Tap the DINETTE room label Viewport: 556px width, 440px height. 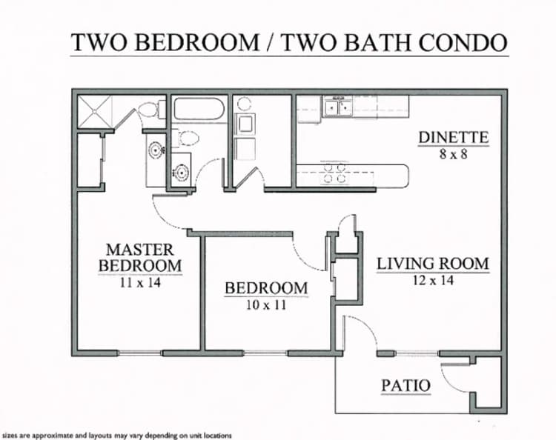pyautogui.click(x=453, y=137)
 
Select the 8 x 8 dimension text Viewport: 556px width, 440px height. pyautogui.click(x=453, y=154)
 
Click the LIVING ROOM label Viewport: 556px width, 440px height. pyautogui.click(x=433, y=263)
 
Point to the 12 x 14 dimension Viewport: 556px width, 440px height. pyautogui.click(x=433, y=280)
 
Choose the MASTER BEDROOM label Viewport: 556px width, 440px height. pyautogui.click(x=139, y=257)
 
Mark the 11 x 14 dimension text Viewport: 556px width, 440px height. pyautogui.click(x=139, y=281)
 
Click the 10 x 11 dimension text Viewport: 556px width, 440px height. pyautogui.click(x=266, y=304)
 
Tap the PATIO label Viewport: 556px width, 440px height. pyautogui.click(x=406, y=385)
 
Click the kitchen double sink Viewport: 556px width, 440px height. pyautogui.click(x=342, y=107)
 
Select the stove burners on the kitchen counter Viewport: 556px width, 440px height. pyautogui.click(x=333, y=173)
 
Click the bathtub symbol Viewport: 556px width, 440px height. pyautogui.click(x=199, y=110)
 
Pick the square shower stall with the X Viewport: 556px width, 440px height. pyautogui.click(x=96, y=111)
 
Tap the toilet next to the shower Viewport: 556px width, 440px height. pyautogui.click(x=149, y=110)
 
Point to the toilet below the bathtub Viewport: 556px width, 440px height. pyautogui.click(x=188, y=138)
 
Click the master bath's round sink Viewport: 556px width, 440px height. pyautogui.click(x=156, y=150)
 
